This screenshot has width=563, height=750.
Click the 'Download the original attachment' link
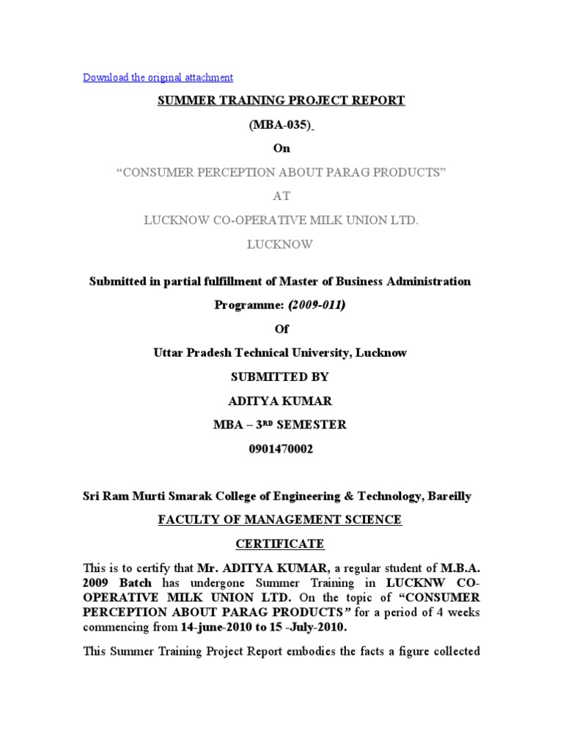pyautogui.click(x=158, y=77)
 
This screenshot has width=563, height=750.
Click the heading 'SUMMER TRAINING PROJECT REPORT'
pyautogui.click(x=281, y=100)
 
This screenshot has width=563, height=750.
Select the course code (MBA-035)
pyautogui.click(x=281, y=125)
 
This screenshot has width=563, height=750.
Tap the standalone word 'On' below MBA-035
pyautogui.click(x=281, y=148)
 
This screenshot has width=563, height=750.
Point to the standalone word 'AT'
pyautogui.click(x=281, y=196)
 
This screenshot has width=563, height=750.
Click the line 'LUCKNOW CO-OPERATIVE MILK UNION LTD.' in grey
pyautogui.click(x=281, y=220)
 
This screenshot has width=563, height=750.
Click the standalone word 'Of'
pyautogui.click(x=281, y=329)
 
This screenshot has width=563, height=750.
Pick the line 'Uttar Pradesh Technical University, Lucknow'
pyautogui.click(x=280, y=353)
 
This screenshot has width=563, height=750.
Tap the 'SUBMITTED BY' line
pyautogui.click(x=280, y=376)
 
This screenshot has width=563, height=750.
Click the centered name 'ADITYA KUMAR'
pyautogui.click(x=280, y=401)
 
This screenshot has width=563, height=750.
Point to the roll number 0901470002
pyautogui.click(x=280, y=449)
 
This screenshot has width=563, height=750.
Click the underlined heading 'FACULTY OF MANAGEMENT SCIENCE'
pyautogui.click(x=280, y=520)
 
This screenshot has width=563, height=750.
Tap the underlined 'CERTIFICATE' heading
pyautogui.click(x=280, y=544)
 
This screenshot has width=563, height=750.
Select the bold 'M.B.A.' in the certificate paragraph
pyautogui.click(x=460, y=568)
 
